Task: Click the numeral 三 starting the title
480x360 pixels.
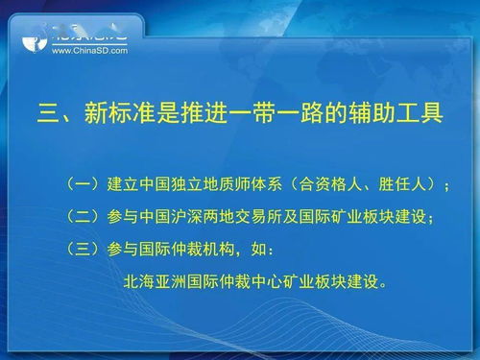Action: click(x=48, y=114)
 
